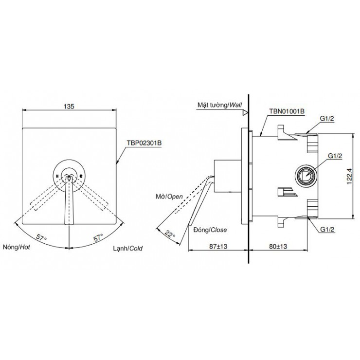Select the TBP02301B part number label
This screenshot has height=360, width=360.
tap(144, 143)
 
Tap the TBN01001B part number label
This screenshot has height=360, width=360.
tap(287, 111)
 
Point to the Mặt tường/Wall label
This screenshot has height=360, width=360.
tap(219, 104)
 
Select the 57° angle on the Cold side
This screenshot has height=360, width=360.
tap(99, 238)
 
